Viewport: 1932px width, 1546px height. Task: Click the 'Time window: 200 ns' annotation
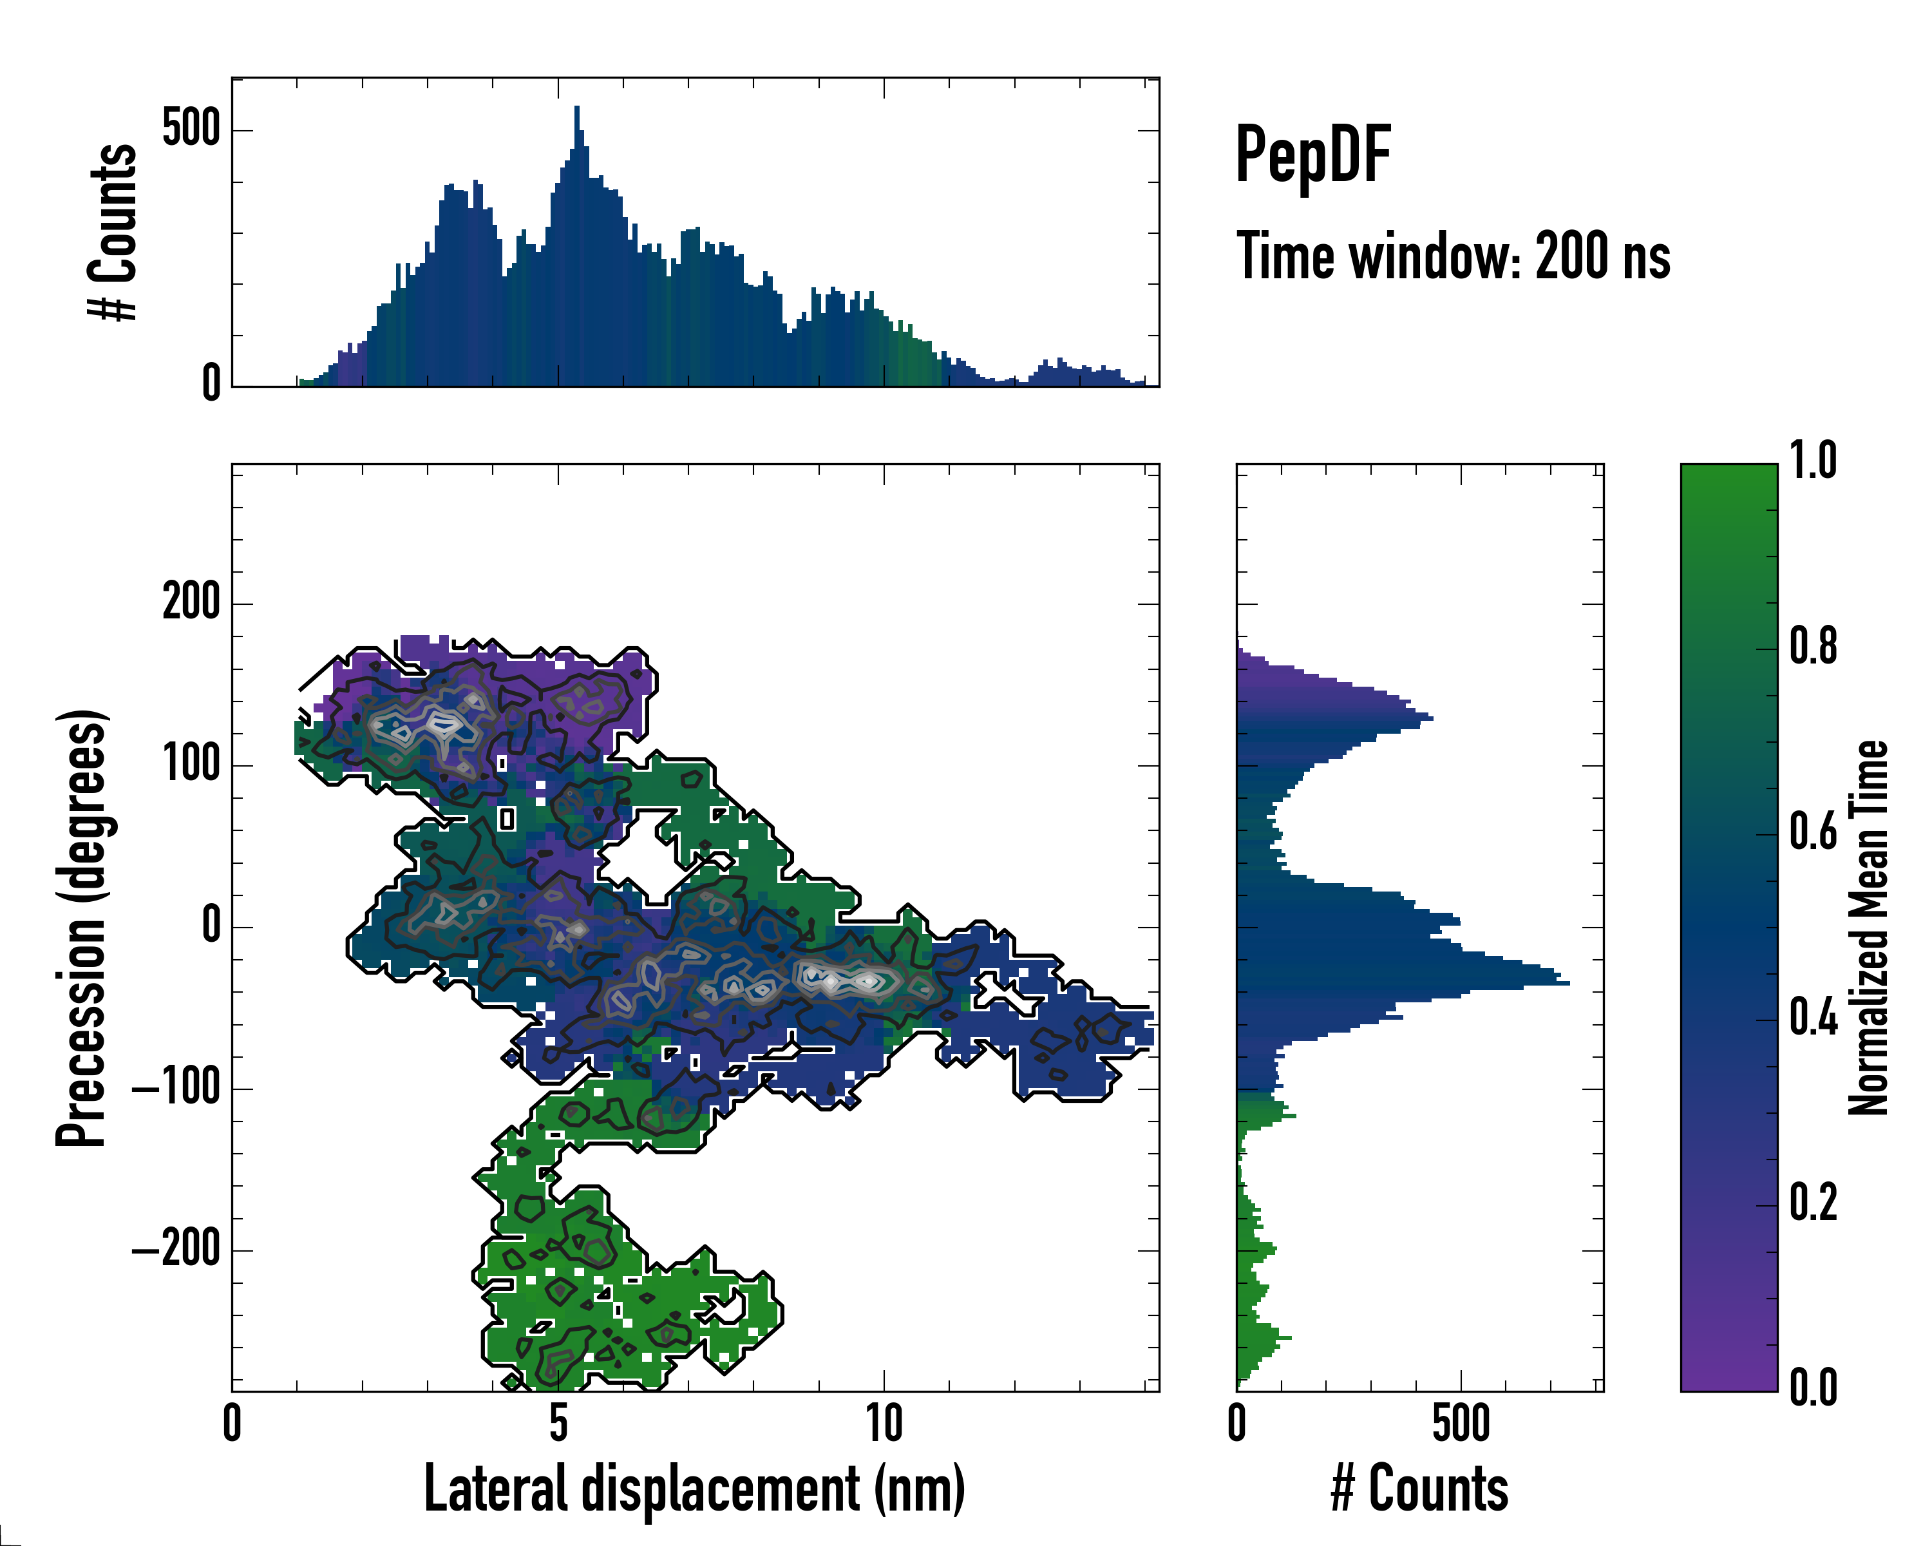pyautogui.click(x=1453, y=256)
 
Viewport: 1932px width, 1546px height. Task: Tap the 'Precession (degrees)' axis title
pyautogui.click(x=82, y=928)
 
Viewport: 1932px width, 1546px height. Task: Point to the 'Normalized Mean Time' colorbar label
pyautogui.click(x=1868, y=928)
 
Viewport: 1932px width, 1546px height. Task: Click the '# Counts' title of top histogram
pyautogui.click(x=114, y=232)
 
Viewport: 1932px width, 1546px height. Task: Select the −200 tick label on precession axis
pyautogui.click(x=176, y=1249)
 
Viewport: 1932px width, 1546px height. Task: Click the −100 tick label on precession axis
pyautogui.click(x=176, y=1088)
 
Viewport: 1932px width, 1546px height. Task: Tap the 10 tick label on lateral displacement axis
pyautogui.click(x=884, y=1423)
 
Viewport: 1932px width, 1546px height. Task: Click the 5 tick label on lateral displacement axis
pyautogui.click(x=558, y=1423)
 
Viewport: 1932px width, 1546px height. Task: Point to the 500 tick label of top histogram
pyautogui.click(x=191, y=129)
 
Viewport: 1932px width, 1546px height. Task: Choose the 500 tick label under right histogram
pyautogui.click(x=1461, y=1423)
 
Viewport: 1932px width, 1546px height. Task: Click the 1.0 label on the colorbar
pyautogui.click(x=1813, y=462)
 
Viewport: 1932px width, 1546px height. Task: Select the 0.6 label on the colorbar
pyautogui.click(x=1813, y=833)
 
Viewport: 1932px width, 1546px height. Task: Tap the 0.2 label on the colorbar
pyautogui.click(x=1813, y=1203)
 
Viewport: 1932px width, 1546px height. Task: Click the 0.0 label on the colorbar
pyautogui.click(x=1813, y=1388)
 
